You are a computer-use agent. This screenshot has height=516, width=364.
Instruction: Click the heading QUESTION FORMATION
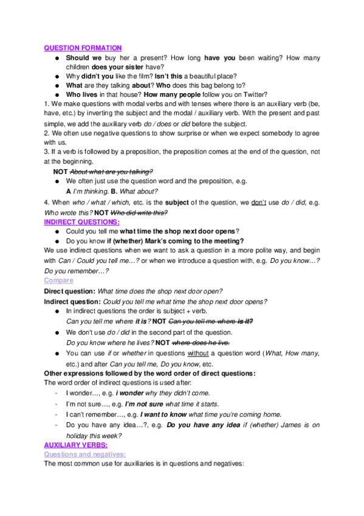[83, 48]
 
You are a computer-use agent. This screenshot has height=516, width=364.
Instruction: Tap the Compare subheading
[58, 280]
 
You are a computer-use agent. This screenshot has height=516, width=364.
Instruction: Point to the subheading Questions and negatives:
[84, 455]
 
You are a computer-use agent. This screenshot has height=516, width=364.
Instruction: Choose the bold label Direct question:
[69, 291]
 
